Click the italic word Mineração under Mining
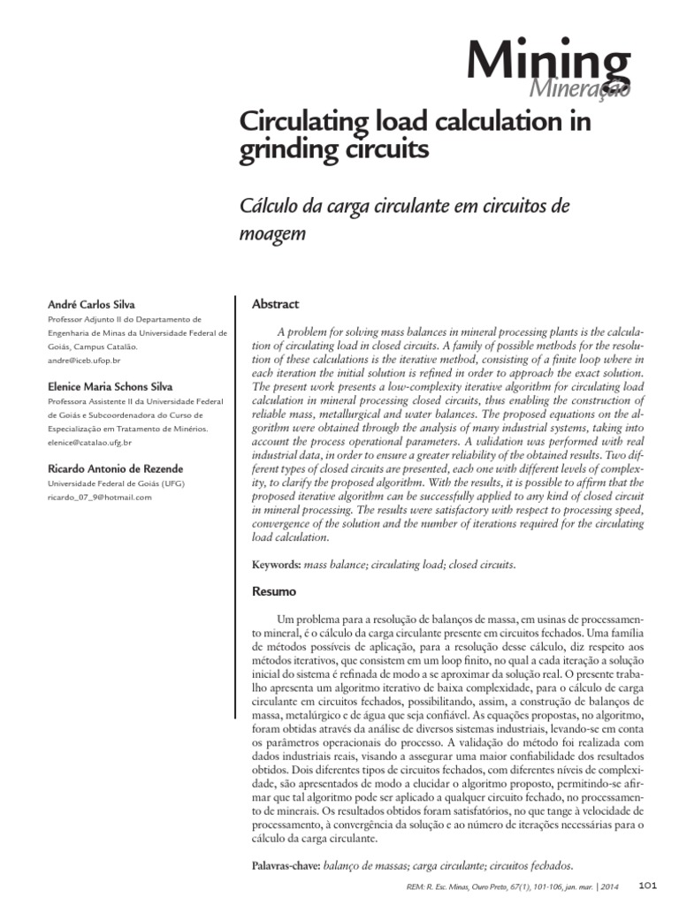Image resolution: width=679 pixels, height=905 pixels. coord(579,90)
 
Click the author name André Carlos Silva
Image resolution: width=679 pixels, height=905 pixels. coord(91,304)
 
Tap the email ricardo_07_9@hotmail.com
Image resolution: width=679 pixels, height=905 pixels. coord(98,498)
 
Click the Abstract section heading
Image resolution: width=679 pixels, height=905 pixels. coord(276,304)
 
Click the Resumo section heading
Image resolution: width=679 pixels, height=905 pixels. coord(274,590)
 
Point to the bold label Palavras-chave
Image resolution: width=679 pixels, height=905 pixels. coord(289,866)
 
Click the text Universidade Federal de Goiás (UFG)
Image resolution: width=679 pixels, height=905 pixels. coord(115,483)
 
